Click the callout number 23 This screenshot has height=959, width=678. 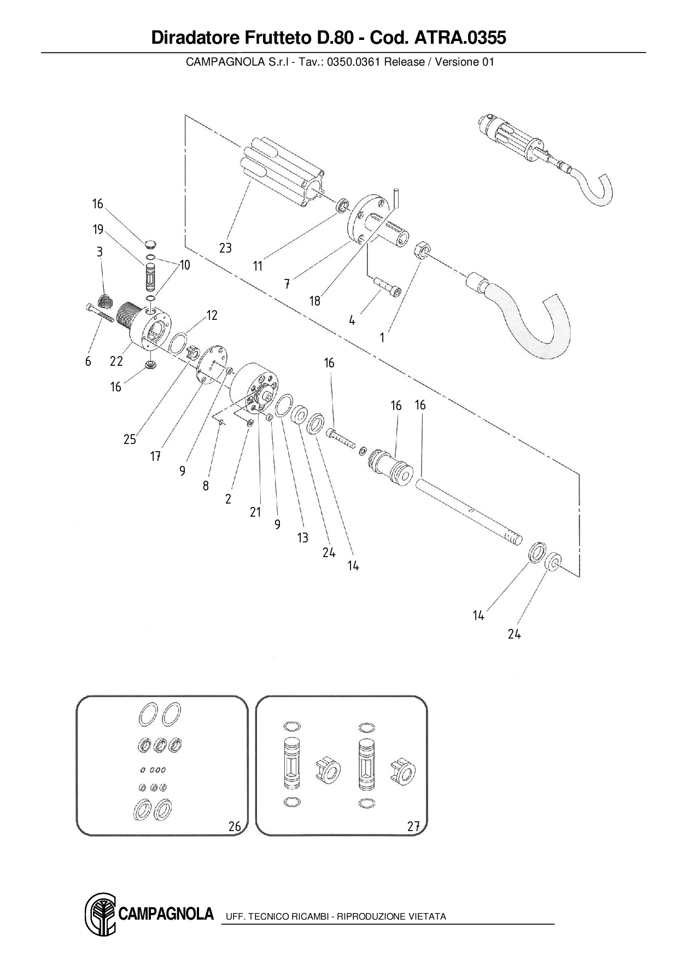[225, 248]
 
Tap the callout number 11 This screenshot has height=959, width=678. [258, 266]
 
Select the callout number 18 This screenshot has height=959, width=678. [314, 301]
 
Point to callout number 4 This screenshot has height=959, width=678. [352, 320]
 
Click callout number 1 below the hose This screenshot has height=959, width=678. [382, 338]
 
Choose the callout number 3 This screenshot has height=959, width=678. [100, 252]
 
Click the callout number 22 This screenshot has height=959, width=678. [116, 361]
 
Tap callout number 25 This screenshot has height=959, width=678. [130, 440]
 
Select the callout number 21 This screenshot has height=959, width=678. [255, 512]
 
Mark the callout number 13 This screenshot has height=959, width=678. [302, 537]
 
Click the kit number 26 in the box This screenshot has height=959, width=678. [235, 826]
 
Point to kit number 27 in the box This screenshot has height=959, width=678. [413, 826]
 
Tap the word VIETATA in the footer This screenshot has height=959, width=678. [427, 916]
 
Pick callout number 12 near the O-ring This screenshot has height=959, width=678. [212, 315]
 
